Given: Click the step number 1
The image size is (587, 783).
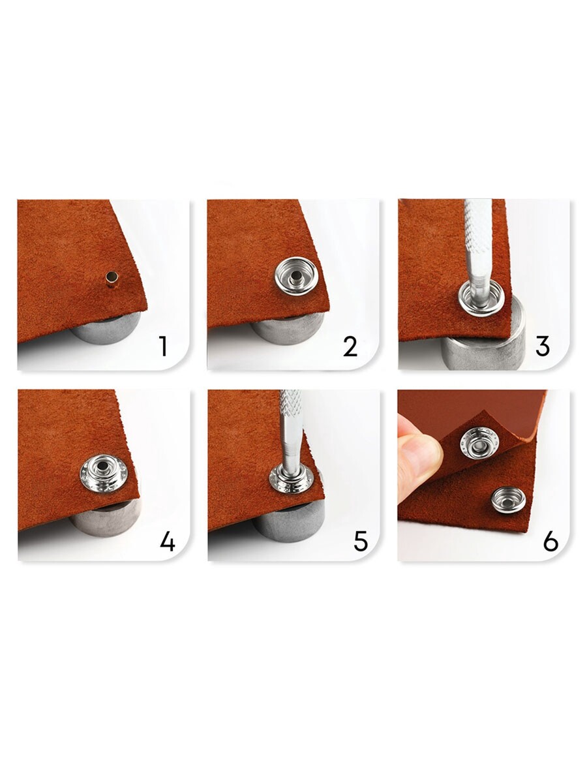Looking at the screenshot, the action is pos(164,346).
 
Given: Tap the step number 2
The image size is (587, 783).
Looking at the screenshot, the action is pos(350,346).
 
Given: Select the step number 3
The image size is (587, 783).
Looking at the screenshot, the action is pos(542,346).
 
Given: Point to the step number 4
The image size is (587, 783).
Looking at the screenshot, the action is pos(168,541).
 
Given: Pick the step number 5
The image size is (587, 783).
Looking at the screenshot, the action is pos(360,541).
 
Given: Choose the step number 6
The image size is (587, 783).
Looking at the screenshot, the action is pos(550,541).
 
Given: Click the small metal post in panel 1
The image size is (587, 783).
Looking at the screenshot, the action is pos(112,277).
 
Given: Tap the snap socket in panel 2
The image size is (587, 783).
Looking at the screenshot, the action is pos(295,276).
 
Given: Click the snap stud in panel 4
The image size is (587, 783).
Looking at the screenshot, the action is pos(103,473).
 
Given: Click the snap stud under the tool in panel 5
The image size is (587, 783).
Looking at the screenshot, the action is pos(292,480).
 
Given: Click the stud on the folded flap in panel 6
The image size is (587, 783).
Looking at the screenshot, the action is pos(480,445).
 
